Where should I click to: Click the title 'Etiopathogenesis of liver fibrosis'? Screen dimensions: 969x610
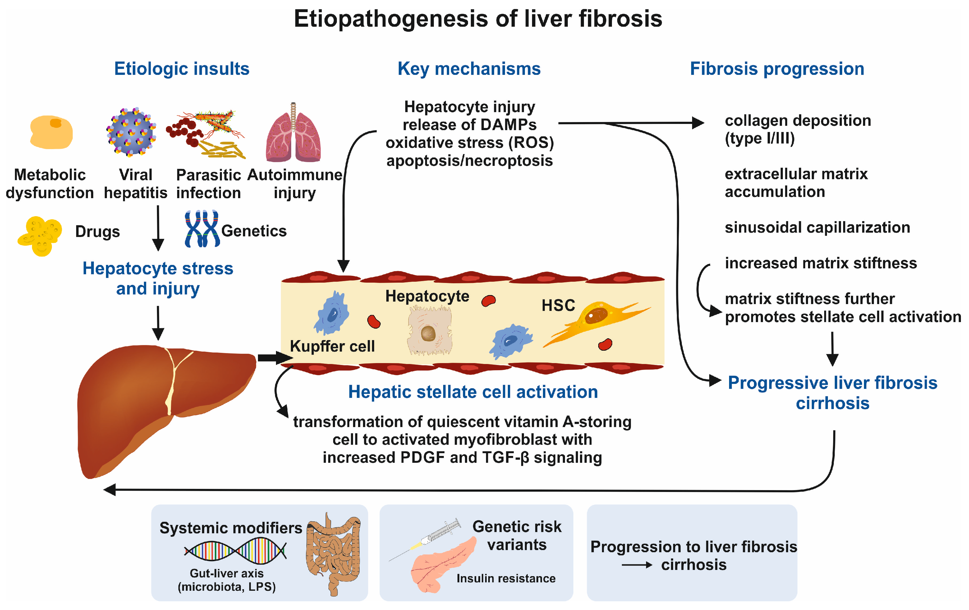478,19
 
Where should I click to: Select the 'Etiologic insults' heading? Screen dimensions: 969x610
182,69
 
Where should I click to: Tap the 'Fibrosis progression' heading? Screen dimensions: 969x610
777,69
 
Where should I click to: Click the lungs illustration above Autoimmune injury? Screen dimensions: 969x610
293,132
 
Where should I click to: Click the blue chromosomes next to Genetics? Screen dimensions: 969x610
202,228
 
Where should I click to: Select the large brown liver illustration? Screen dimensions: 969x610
167,411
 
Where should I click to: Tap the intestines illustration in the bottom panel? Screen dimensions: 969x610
333,554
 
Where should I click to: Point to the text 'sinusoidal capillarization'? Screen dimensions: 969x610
817,228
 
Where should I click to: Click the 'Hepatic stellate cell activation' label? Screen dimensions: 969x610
473,392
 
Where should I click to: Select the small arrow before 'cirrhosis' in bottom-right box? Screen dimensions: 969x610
637,565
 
